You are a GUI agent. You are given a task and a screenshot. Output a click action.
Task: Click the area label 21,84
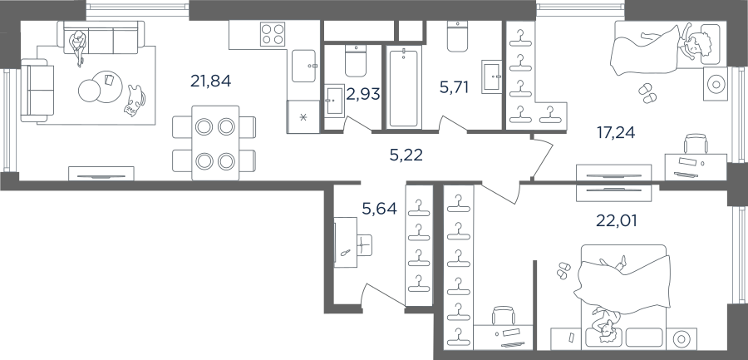coord(210,81)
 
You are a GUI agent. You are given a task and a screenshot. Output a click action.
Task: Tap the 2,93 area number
coord(363,94)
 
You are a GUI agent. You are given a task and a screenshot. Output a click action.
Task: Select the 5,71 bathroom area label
coord(454,87)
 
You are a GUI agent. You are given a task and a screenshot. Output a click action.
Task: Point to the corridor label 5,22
coord(406,155)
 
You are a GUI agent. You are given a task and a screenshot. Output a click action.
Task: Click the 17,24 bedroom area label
coord(616,131)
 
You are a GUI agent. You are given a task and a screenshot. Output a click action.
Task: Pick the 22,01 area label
coord(617,220)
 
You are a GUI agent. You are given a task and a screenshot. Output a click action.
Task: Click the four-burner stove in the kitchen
coord(273,34)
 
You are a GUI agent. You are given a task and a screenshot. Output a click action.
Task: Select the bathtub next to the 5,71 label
coord(403,87)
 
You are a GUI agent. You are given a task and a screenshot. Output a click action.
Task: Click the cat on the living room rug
coord(135,101)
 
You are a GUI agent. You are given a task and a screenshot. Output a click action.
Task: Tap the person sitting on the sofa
coord(78,47)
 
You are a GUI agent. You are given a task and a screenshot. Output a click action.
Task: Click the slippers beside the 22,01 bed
coord(563,269)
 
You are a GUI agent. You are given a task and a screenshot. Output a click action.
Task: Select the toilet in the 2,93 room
coord(355,62)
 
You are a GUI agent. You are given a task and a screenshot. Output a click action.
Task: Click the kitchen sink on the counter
coord(304,66)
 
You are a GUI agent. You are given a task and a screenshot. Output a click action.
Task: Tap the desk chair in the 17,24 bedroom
coord(696,144)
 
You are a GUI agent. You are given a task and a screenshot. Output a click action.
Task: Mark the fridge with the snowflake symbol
coord(303,116)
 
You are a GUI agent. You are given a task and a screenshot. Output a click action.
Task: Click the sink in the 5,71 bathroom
coord(491,76)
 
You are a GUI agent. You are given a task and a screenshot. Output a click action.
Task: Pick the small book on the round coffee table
coord(109,79)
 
